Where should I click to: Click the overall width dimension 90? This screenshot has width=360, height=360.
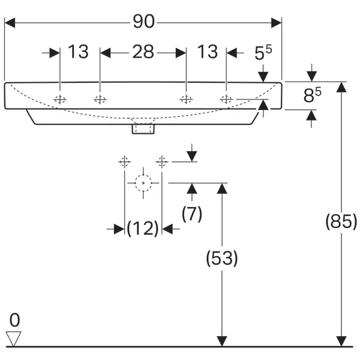tap(143, 22)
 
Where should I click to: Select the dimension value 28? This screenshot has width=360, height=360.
tap(143, 52)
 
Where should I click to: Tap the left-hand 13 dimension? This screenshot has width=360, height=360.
tap(78, 52)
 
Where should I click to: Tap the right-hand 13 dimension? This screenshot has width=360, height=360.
tap(207, 52)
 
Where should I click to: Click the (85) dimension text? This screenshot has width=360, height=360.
tap(341, 222)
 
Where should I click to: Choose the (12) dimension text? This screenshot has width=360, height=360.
tap(143, 228)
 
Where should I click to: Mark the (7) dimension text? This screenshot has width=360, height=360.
tap(191, 213)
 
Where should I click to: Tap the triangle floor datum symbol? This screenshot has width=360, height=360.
tap(14, 338)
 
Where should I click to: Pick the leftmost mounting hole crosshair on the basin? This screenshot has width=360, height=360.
tap(60, 100)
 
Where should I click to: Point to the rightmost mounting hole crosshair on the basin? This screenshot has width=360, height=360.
tap(226, 100)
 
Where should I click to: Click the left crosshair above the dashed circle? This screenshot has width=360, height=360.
tap(124, 161)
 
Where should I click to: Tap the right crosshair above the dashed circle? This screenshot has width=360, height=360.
tap(161, 161)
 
